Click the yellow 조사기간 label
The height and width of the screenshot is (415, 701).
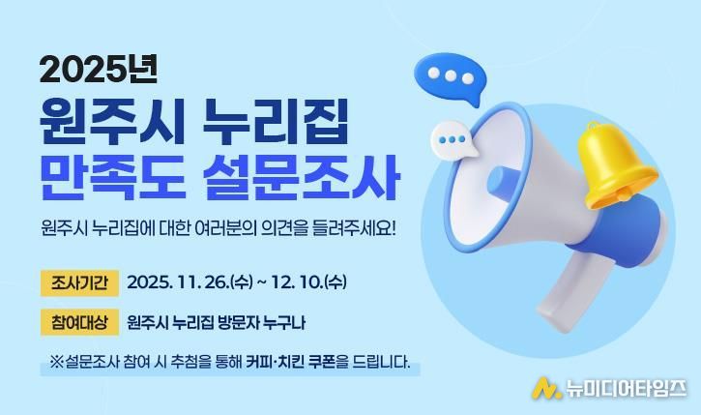(79, 283)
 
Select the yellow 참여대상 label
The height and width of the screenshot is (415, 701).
(79, 322)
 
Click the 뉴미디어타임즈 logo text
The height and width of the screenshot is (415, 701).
(624, 388)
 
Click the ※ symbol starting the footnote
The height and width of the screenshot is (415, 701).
(55, 364)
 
